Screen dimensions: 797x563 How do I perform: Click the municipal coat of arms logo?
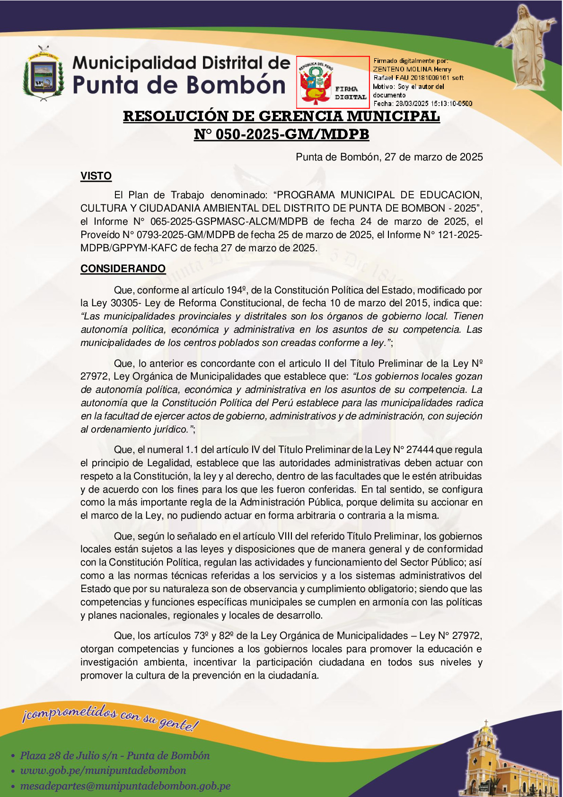coord(43,73)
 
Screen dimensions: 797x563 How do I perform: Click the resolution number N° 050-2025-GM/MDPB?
coord(281,134)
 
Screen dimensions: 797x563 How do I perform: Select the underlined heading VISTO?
coord(96,176)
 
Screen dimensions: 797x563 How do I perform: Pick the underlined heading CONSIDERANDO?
coord(123,269)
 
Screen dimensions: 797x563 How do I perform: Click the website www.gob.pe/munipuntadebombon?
coord(103,770)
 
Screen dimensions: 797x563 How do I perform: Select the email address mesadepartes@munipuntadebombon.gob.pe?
coord(125,786)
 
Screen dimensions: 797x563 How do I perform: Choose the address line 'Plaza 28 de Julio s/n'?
coord(114,755)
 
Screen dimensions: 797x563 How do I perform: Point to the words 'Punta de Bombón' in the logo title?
coord(179,85)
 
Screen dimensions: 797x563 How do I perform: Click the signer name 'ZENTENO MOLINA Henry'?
coord(412,69)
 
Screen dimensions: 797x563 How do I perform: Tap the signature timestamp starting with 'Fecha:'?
coord(422,103)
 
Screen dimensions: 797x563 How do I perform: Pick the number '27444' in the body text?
coord(417,450)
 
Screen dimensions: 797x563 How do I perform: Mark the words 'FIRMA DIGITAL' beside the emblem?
coord(350,93)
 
